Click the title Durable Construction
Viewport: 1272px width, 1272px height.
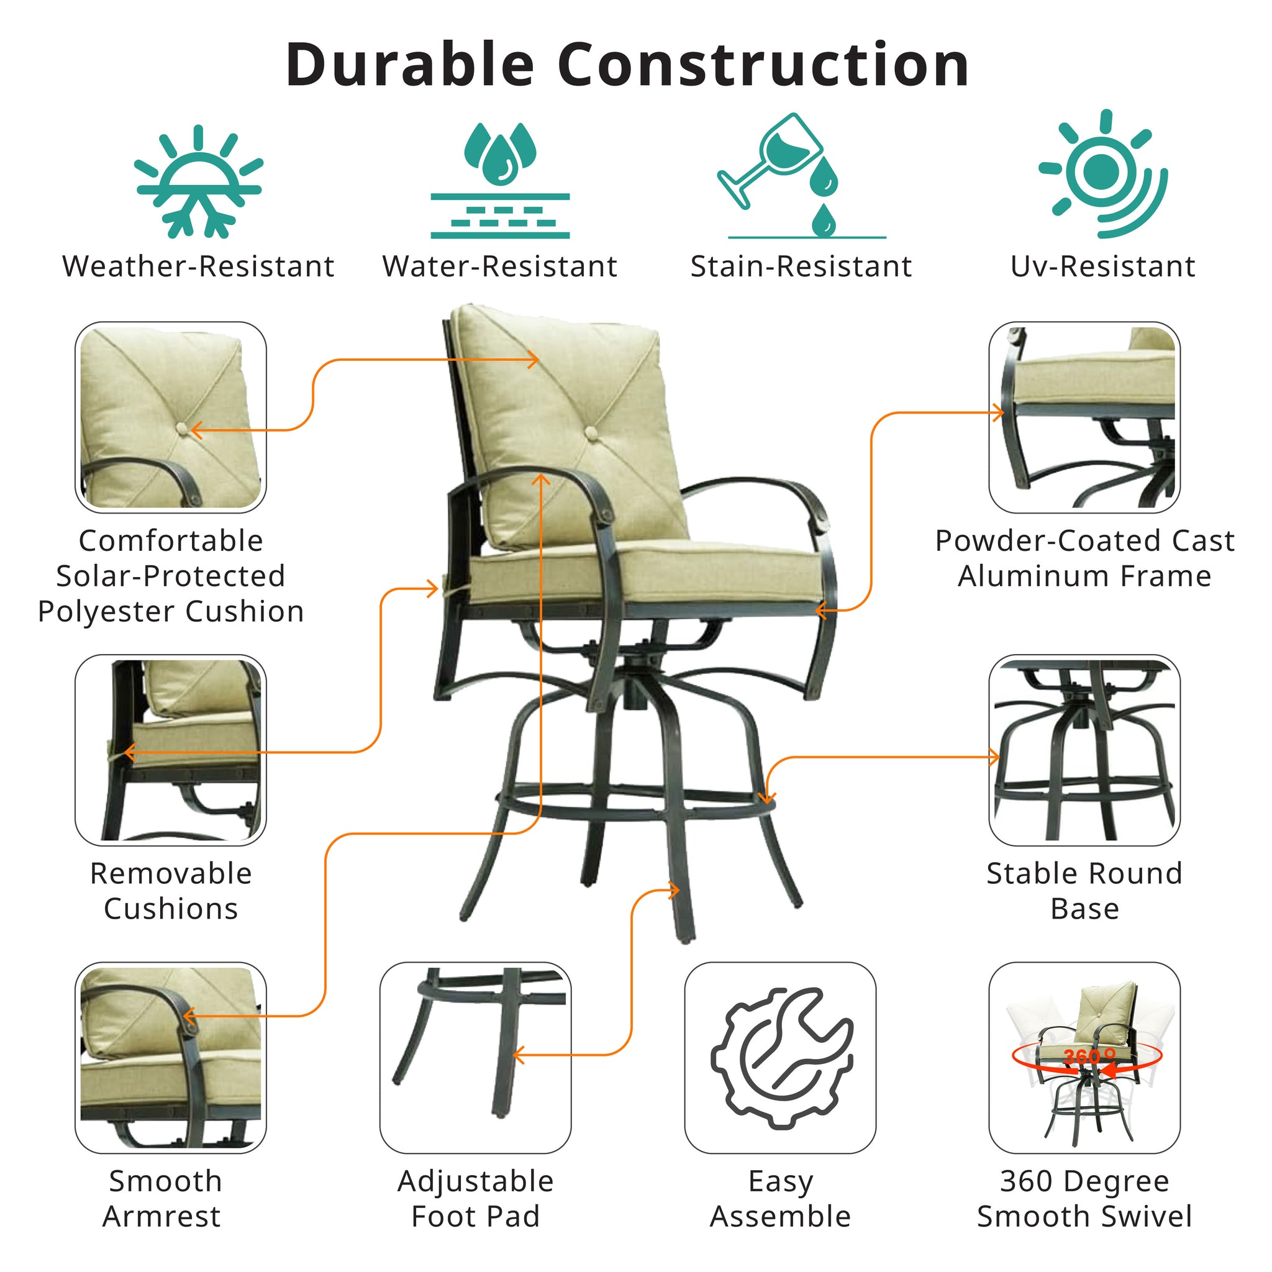(627, 65)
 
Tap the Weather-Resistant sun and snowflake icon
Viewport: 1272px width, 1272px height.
(198, 181)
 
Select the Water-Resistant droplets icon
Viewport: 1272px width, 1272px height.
(500, 179)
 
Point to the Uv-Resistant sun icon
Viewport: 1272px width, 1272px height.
(1104, 173)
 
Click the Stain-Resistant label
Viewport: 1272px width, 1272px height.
(801, 266)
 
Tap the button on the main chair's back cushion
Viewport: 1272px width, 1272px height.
(591, 432)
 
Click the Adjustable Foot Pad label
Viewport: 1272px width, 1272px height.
(475, 1198)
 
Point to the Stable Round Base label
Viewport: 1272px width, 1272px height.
(1084, 891)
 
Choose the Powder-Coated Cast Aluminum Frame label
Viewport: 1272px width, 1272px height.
(1084, 558)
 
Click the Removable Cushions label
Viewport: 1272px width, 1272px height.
(171, 891)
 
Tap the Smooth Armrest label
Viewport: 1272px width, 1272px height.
(163, 1198)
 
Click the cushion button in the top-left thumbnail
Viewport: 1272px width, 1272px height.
(183, 430)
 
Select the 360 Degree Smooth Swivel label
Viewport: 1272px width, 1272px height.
(1084, 1198)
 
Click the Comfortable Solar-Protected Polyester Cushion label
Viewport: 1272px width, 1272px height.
(171, 576)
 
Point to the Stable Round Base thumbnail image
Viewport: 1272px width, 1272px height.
(1084, 750)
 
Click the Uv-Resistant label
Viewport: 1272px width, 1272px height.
(1103, 266)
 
